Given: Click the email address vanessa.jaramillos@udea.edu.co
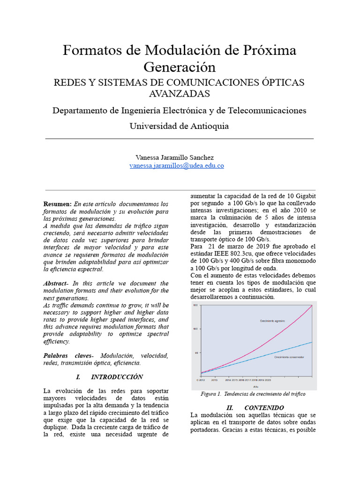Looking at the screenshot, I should pyautogui.click(x=177, y=166).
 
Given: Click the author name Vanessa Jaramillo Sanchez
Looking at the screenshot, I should pyautogui.click(x=174, y=157).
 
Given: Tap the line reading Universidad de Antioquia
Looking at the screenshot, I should pyautogui.click(x=179, y=126).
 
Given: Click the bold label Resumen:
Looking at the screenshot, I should pyautogui.click(x=57, y=204).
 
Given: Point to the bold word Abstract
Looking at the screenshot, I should pyautogui.click(x=55, y=284).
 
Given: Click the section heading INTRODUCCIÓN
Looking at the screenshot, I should pyautogui.click(x=117, y=377).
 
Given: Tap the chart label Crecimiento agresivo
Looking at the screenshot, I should pyautogui.click(x=272, y=321).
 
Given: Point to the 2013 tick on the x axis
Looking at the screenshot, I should pyautogui.click(x=214, y=381).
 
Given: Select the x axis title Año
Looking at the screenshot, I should pyautogui.click(x=255, y=387).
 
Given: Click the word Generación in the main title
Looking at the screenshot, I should pyautogui.click(x=179, y=67).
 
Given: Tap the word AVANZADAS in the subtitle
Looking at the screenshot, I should pyautogui.click(x=179, y=93).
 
